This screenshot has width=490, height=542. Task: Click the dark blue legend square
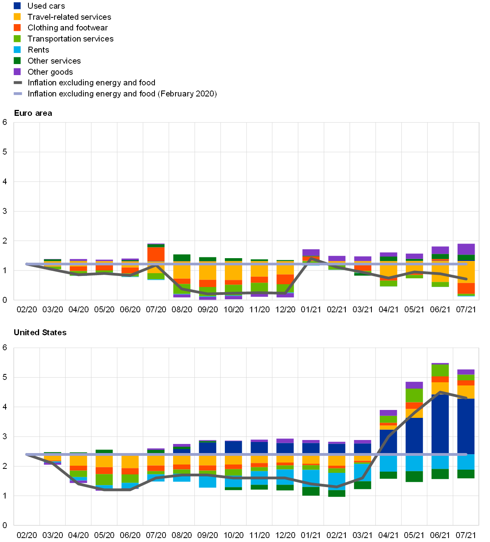click(x=17, y=6)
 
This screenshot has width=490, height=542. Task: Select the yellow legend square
click(x=17, y=17)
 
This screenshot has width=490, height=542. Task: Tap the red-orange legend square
click(x=17, y=28)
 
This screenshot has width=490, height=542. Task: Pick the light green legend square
click(x=17, y=39)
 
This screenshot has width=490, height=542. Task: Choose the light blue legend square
click(x=17, y=50)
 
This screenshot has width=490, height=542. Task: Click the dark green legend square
click(x=17, y=60)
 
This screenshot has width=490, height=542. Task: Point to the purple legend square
click(x=17, y=72)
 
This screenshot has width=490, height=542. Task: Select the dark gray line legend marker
click(x=18, y=83)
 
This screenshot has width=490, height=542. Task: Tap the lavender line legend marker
click(x=18, y=94)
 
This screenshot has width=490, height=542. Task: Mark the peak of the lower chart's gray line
click(x=440, y=392)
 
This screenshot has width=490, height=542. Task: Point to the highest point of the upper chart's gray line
click(x=311, y=259)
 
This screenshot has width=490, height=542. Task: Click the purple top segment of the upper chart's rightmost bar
click(x=466, y=249)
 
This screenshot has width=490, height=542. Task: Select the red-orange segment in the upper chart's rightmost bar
click(x=466, y=288)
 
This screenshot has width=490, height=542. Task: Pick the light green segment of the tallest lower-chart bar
click(x=440, y=370)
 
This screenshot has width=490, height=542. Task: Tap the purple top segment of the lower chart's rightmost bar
click(x=466, y=372)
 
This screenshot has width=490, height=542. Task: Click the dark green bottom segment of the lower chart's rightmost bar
click(x=466, y=474)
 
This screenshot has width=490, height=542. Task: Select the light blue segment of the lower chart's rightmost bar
click(x=466, y=462)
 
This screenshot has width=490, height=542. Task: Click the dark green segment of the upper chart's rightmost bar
click(x=466, y=257)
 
